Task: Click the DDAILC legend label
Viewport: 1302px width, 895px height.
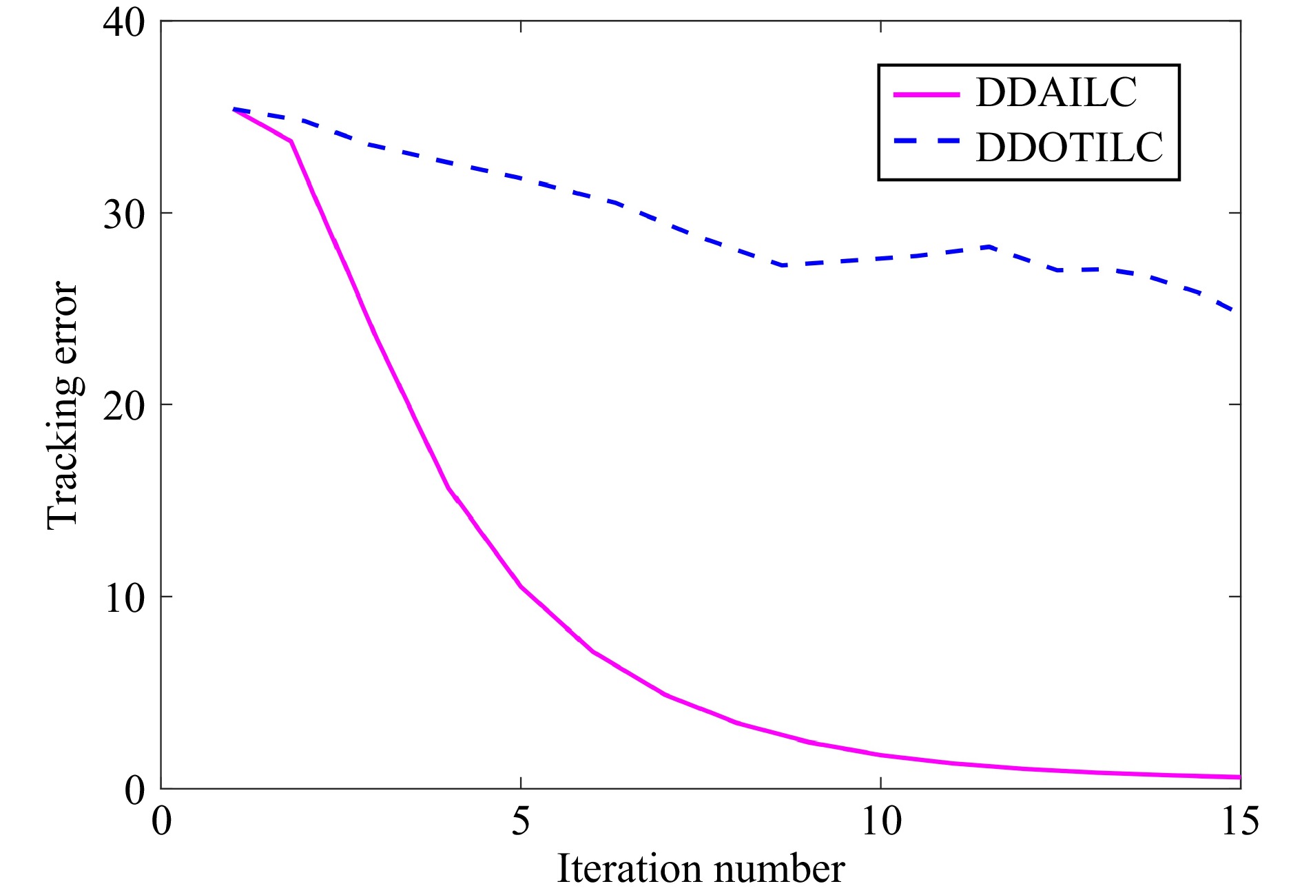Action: coord(1055,92)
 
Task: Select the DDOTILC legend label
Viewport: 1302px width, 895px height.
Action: coord(1069,147)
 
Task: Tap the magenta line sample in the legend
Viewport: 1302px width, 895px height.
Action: coord(926,94)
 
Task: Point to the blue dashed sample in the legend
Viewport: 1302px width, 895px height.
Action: coord(926,141)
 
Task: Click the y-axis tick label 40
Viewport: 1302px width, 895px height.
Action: coord(124,22)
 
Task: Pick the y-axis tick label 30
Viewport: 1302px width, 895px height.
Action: coord(124,214)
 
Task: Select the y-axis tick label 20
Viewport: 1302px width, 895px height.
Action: coord(124,406)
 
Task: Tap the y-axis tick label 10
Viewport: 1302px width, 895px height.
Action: coord(124,597)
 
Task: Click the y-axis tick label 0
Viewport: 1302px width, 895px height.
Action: coord(134,789)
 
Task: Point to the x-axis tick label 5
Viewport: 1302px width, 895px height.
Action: coord(521,821)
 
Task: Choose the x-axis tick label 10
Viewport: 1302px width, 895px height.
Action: coord(880,821)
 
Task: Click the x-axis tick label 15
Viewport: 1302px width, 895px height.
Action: coord(1239,821)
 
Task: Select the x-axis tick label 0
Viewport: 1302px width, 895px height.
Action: coord(161,821)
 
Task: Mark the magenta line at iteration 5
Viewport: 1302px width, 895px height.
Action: coord(521,587)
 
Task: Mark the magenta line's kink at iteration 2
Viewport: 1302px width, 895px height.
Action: coord(291,141)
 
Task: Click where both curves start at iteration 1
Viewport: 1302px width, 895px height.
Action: coord(234,109)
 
